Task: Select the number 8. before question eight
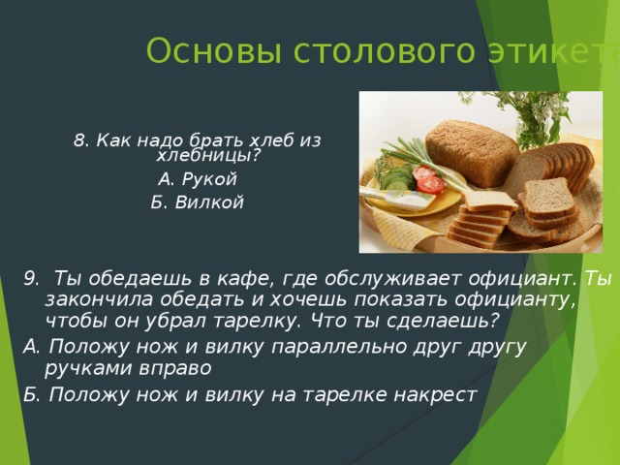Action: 82,140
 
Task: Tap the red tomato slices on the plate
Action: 427,179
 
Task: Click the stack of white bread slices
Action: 484,213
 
